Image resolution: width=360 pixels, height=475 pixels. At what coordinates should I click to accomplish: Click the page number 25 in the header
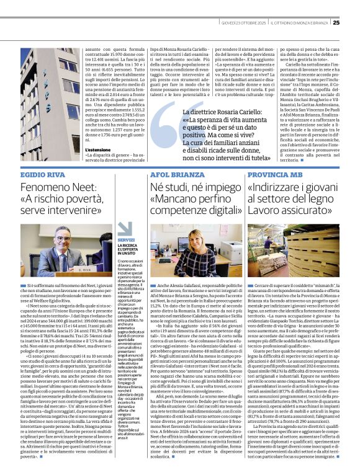pyautogui.click(x=353, y=5)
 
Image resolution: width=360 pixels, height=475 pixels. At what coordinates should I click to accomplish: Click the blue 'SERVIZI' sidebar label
pyautogui.click(x=125, y=239)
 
